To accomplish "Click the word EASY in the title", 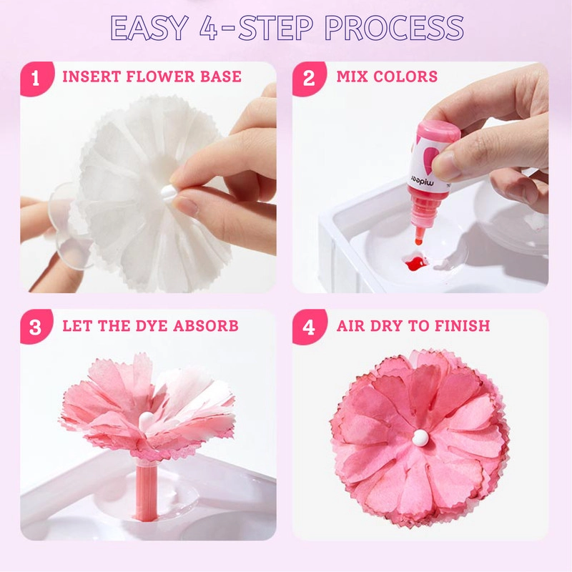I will (154, 28).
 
